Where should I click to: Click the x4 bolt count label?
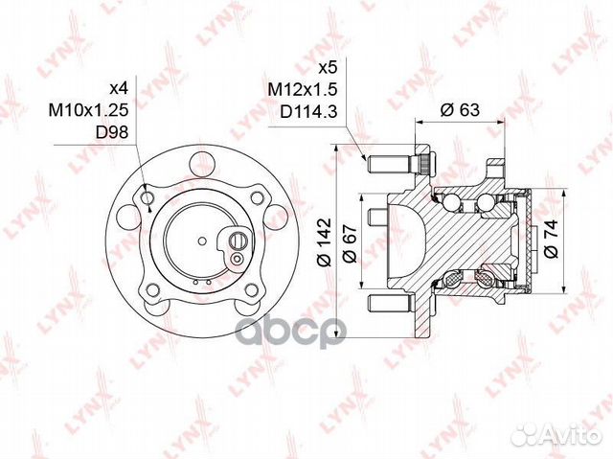118,88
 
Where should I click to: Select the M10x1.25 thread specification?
88,110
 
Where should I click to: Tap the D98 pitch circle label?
112,133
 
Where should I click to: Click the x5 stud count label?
328,68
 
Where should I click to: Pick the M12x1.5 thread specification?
303,90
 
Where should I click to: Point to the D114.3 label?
308,113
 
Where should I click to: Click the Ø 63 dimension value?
460,110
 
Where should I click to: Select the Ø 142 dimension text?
325,242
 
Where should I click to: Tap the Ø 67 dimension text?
350,244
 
